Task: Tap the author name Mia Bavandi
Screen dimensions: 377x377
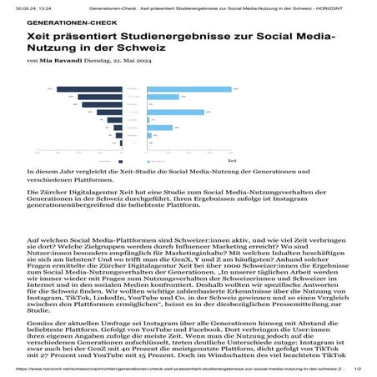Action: coord(59,61)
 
